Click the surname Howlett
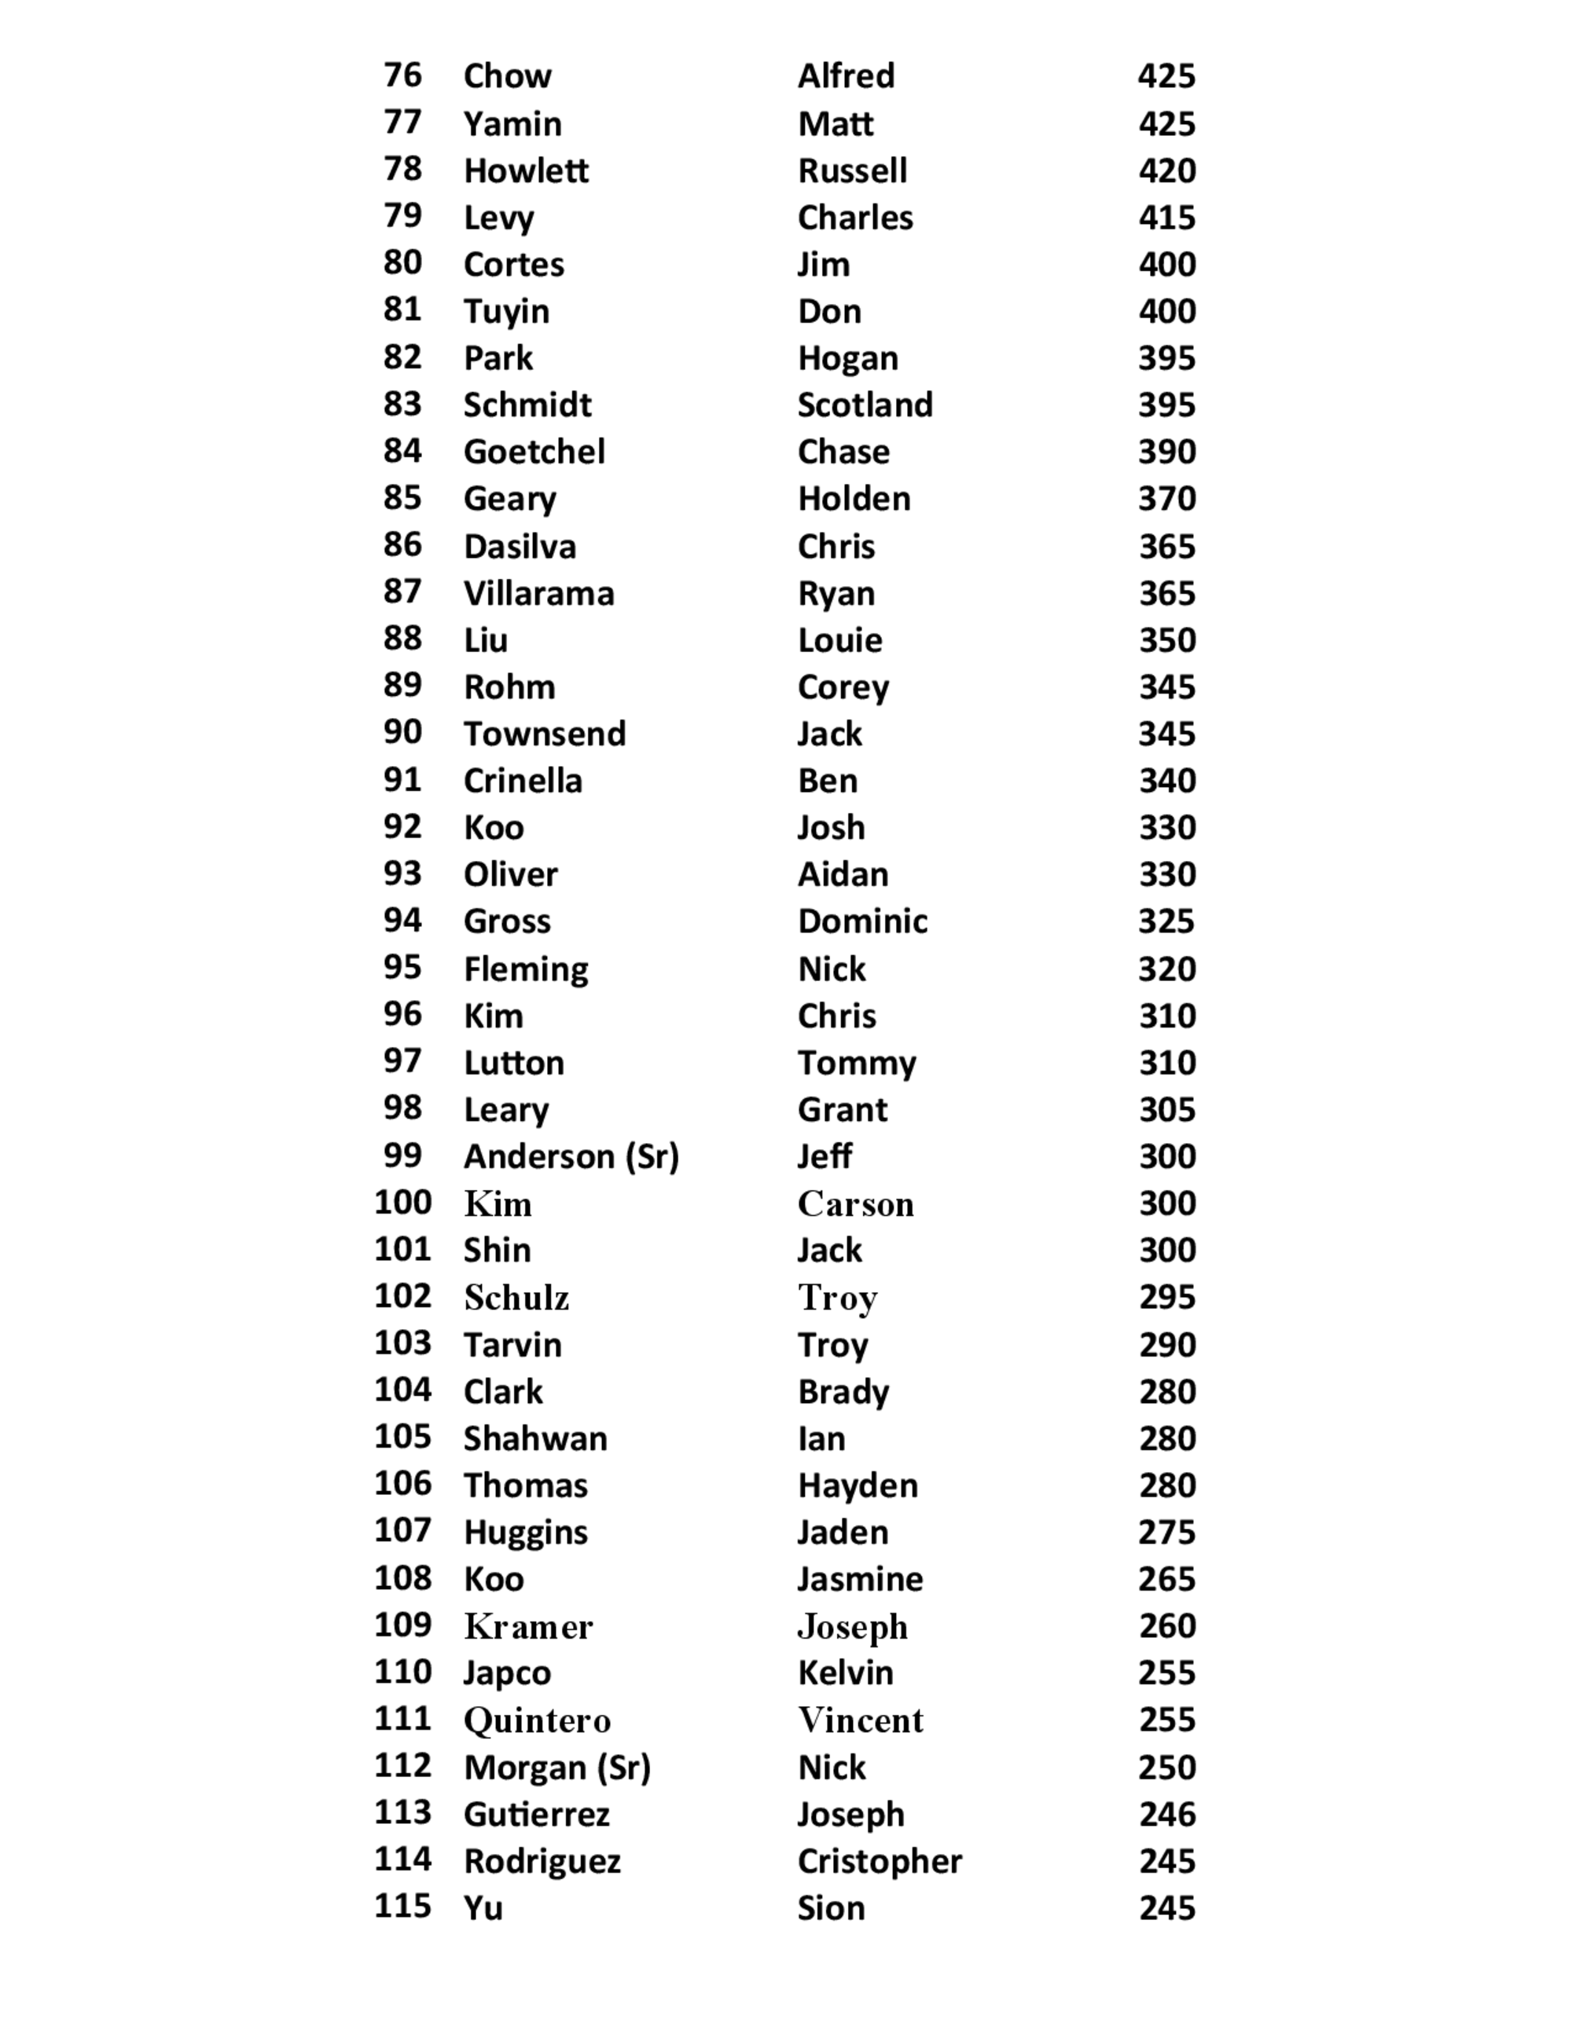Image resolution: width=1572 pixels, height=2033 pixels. [x=525, y=170]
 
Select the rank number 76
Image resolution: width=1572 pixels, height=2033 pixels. [x=402, y=75]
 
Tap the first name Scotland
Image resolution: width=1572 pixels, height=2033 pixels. [x=865, y=404]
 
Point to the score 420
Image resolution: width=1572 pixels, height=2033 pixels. [x=1166, y=170]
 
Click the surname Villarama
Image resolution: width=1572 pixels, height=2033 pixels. [x=538, y=593]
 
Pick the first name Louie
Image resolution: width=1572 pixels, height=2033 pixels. [x=839, y=639]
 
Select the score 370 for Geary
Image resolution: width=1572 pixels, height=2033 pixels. [x=1166, y=498]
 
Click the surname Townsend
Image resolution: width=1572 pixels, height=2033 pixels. [x=544, y=734]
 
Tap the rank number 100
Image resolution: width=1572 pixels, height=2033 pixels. [x=402, y=1202]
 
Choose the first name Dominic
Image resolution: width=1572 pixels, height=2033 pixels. [x=862, y=921]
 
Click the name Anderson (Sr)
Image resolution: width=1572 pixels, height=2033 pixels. [x=571, y=1156]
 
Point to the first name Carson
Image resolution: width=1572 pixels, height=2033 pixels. [x=855, y=1203]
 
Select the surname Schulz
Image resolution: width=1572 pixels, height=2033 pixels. [x=516, y=1297]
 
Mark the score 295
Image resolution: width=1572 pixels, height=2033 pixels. [x=1166, y=1297]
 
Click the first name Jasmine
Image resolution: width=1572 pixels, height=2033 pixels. [x=860, y=1579]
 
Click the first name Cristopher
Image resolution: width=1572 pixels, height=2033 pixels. [x=879, y=1861]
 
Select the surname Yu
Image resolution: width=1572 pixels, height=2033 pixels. [x=483, y=1907]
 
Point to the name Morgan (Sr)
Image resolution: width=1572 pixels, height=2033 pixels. [x=557, y=1767]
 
